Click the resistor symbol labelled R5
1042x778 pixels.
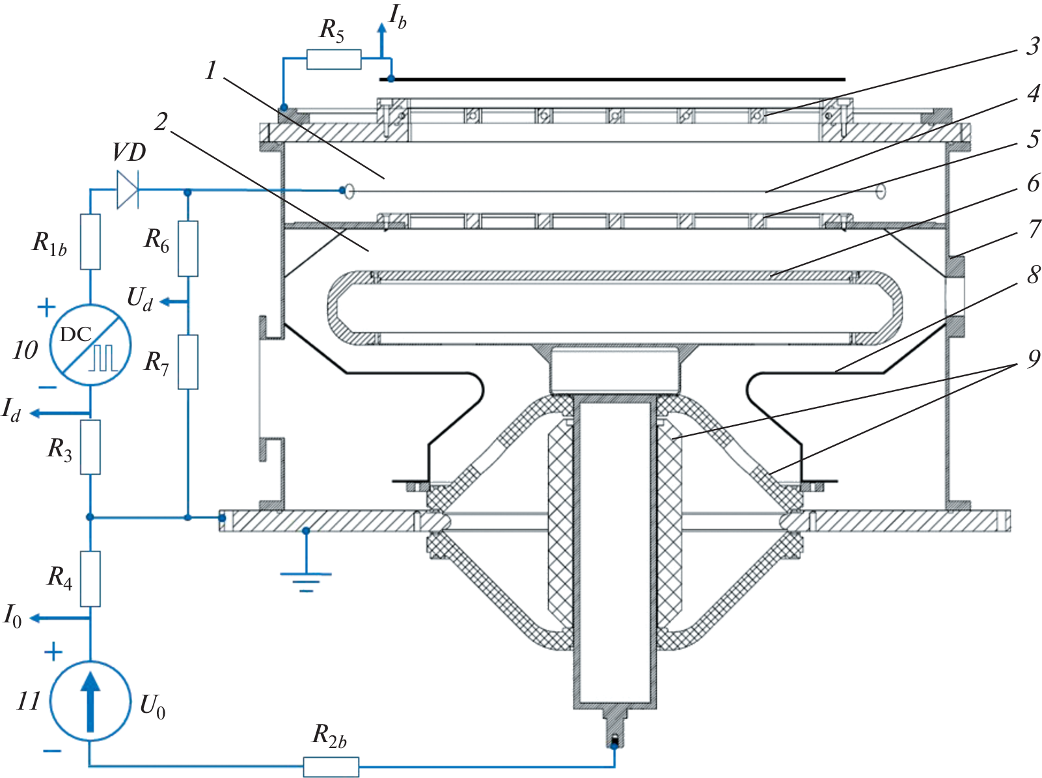[333, 59]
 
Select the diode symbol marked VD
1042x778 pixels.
[128, 189]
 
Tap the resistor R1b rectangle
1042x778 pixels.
[90, 242]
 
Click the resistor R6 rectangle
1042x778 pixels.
[188, 249]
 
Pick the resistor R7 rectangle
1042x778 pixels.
[188, 362]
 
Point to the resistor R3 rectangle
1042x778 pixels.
[90, 447]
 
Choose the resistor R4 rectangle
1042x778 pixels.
[90, 579]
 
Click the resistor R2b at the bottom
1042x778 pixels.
[331, 766]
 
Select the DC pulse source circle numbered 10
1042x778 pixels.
[90, 344]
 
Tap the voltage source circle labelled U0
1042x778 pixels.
[90, 701]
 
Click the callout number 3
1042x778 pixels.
[1033, 46]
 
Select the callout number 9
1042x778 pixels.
[1034, 359]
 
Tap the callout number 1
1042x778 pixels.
[211, 70]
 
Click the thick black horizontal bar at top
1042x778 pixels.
[612, 79]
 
